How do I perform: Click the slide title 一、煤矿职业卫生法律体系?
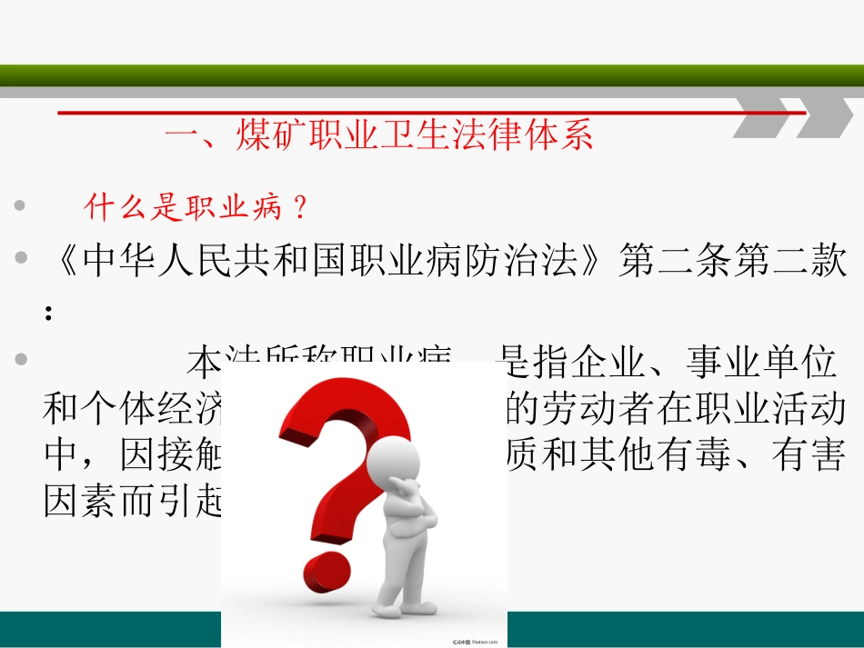[378, 136]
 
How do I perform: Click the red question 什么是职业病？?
[196, 209]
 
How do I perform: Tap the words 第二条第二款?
[732, 262]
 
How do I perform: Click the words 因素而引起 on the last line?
[133, 501]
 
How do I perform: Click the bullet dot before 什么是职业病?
[20, 208]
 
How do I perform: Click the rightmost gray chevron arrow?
[824, 117]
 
